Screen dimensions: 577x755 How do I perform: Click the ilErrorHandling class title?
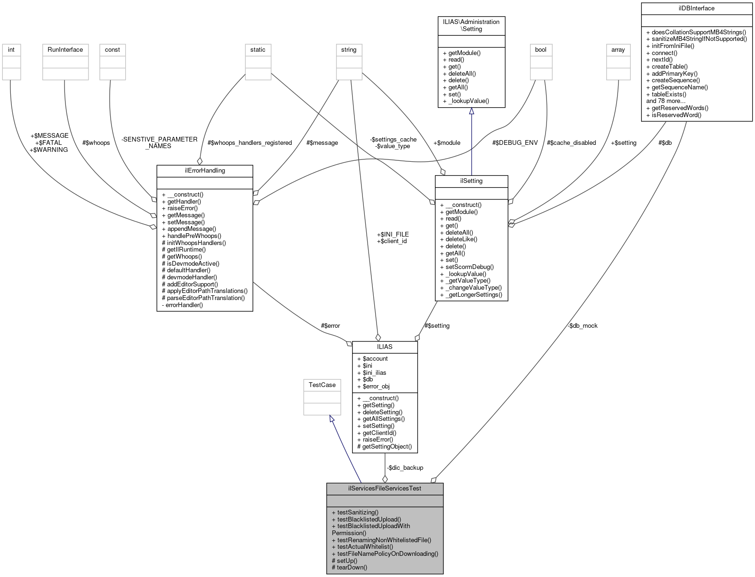tap(205, 171)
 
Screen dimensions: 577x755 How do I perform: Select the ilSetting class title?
tap(471, 181)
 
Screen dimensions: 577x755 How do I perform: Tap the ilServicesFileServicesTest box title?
tap(385, 489)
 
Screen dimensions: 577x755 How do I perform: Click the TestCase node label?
tap(322, 385)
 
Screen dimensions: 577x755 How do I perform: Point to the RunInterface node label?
tap(65, 50)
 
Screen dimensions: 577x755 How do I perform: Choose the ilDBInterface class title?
tap(696, 8)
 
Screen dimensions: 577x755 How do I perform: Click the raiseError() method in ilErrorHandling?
tap(182, 208)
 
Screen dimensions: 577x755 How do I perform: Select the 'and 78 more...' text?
tap(666, 101)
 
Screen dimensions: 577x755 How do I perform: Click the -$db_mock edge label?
tap(582, 326)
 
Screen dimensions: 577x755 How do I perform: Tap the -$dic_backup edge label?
tap(405, 468)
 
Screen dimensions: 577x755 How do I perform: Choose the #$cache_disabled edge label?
tap(571, 143)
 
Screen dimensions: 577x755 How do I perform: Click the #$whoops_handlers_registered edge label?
tap(249, 143)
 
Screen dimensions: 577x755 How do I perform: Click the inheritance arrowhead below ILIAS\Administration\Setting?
tap(471, 111)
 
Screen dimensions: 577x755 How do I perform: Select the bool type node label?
tap(541, 50)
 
